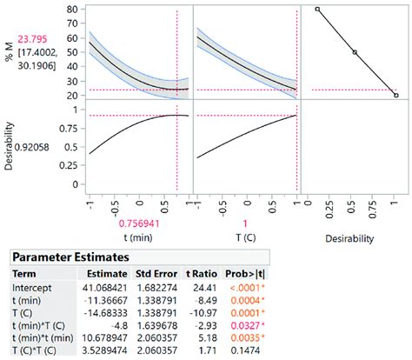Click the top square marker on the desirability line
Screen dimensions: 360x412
point(317,10)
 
